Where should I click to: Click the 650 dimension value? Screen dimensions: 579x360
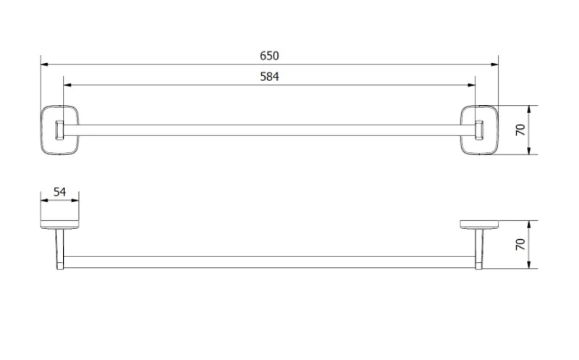(269, 56)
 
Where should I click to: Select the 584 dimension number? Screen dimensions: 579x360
(269, 77)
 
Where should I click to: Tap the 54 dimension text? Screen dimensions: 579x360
(59, 192)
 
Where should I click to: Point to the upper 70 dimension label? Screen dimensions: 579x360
(520, 130)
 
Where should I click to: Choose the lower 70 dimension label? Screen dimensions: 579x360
(520, 244)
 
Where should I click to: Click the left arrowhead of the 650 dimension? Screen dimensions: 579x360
(44, 64)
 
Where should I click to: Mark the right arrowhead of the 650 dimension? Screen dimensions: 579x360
(494, 64)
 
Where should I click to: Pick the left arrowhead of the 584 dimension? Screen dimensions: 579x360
(67, 85)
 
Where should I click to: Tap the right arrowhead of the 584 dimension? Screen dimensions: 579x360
(471, 85)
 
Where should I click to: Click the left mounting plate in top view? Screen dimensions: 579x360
(42, 130)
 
